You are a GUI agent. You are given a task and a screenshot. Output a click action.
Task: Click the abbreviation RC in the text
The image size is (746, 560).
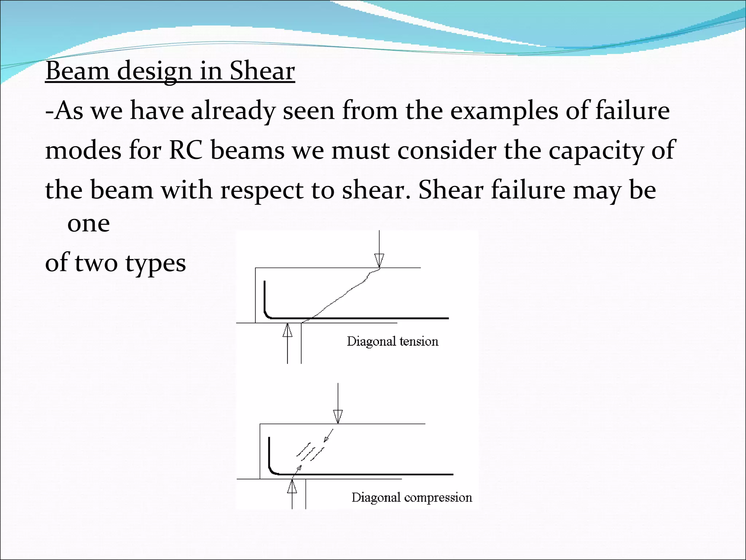[186, 150]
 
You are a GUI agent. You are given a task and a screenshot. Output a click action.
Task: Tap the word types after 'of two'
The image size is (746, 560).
[156, 264]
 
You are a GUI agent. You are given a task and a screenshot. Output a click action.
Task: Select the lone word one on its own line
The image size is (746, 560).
[89, 223]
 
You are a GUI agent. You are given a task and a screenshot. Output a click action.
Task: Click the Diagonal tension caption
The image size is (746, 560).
[392, 342]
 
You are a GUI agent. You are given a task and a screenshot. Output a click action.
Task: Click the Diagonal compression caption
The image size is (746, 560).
[412, 498]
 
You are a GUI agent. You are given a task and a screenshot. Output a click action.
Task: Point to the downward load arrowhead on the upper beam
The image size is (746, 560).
[379, 261]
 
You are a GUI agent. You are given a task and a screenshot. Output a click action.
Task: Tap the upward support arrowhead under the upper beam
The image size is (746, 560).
[287, 330]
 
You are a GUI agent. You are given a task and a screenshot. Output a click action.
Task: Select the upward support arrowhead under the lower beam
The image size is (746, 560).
[292, 486]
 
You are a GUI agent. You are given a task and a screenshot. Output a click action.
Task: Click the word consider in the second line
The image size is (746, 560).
[447, 150]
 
